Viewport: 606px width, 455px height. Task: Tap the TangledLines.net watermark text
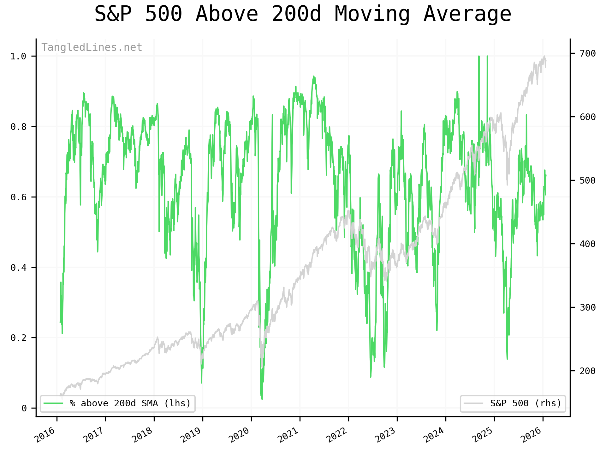[x=92, y=47]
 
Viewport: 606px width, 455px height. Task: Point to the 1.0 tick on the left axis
[x=18, y=57]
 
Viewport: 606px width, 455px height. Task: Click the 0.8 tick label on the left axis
[x=18, y=127]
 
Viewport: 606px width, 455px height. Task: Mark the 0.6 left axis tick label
[x=18, y=197]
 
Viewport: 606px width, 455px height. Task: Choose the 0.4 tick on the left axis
[x=18, y=268]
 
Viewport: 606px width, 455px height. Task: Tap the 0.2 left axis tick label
[x=18, y=338]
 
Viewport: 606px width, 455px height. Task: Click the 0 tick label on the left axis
[x=24, y=408]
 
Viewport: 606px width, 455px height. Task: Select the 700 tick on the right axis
[x=588, y=53]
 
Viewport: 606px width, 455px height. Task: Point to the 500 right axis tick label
[x=588, y=180]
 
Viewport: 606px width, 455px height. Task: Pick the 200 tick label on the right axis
[x=588, y=371]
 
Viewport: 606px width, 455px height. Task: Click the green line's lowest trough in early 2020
[x=262, y=399]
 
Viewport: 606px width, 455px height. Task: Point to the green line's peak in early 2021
[x=313, y=76]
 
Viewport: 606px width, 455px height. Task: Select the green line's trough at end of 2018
[x=201, y=383]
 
